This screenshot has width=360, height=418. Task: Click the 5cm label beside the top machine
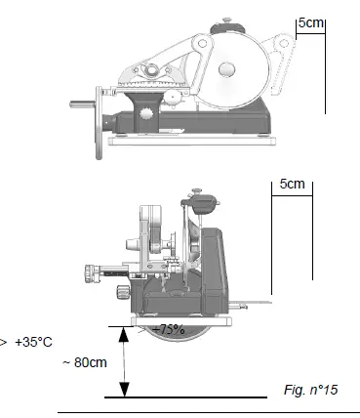point(311,21)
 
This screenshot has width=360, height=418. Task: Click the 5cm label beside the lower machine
point(293,183)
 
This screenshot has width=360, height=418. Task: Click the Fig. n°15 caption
point(312,390)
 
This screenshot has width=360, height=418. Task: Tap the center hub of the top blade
point(226,68)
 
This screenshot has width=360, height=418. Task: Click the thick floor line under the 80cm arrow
point(185,397)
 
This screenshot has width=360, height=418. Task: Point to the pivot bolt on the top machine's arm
point(152,69)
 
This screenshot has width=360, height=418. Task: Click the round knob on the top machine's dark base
point(147,114)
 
